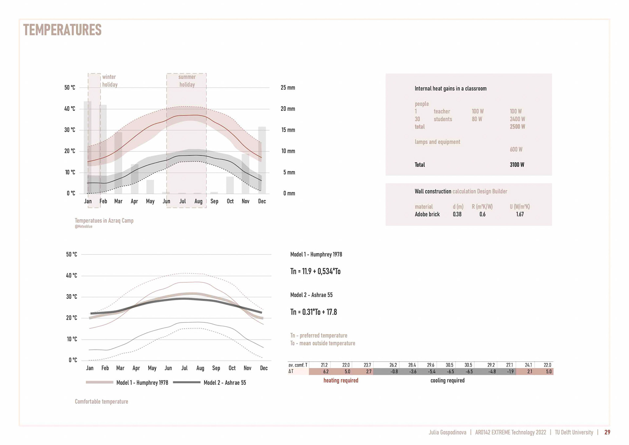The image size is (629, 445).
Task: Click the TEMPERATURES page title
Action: tap(62, 30)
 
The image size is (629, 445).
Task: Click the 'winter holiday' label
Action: tap(109, 81)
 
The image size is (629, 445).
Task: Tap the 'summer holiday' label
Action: tap(187, 81)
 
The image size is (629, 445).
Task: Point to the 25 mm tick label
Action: tap(288, 88)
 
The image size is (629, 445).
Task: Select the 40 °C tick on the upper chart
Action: tap(69, 109)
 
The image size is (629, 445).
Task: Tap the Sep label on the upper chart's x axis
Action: tap(214, 201)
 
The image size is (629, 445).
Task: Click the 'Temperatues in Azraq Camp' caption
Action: tap(104, 221)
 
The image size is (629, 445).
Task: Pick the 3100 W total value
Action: tap(517, 165)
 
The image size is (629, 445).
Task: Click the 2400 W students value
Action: tap(517, 119)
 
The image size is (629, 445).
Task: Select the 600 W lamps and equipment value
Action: tap(516, 150)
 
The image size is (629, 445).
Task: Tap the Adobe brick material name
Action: tap(427, 214)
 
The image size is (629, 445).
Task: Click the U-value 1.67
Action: tap(520, 214)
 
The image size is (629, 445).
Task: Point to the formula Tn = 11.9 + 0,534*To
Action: tap(315, 272)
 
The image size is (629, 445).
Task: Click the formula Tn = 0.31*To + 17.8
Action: tap(314, 312)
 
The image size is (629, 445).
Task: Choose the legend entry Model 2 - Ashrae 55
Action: tap(224, 383)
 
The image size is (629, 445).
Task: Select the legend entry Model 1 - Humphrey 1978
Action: tap(142, 383)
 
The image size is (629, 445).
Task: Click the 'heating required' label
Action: tap(341, 380)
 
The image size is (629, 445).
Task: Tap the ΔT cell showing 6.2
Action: tap(326, 372)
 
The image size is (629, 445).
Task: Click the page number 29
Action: tap(607, 433)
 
